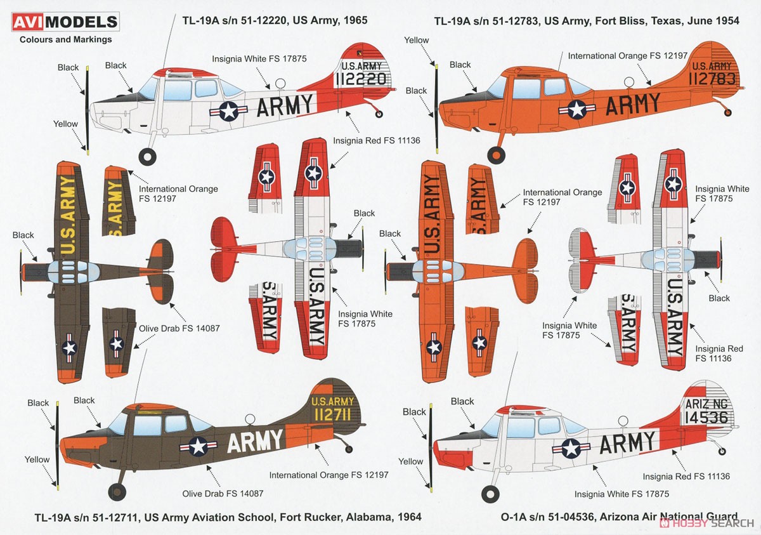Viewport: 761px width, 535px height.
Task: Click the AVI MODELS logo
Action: pos(65,22)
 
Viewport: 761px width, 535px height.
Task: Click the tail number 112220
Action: pos(361,79)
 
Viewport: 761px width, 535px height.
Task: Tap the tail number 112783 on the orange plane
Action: pos(712,79)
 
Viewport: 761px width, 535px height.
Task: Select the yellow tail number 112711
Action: pos(332,414)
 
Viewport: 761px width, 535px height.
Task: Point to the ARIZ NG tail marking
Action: pos(706,404)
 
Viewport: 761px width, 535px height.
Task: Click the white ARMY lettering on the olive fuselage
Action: pos(255,441)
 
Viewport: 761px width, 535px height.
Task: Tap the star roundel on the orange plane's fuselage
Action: pos(577,109)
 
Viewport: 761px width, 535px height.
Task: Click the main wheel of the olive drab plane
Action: pos(117,491)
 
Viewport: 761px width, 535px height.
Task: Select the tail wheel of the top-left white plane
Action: pos(379,114)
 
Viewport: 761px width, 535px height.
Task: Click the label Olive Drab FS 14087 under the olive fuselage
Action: pos(223,494)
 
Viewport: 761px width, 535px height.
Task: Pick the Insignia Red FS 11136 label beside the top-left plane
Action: pos(377,140)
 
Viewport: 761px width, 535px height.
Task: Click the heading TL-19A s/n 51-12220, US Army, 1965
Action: pos(275,20)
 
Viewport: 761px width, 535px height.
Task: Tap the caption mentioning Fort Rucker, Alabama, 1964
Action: pos(228,517)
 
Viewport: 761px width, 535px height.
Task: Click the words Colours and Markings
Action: pos(65,39)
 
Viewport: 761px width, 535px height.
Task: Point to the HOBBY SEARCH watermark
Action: pos(706,523)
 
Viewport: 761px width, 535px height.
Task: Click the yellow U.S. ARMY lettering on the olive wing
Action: pos(68,216)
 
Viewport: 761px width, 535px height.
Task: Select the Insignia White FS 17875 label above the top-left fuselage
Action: pos(259,59)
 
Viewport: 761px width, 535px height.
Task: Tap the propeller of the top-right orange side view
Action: pos(436,109)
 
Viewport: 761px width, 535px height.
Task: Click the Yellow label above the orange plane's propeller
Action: pos(416,40)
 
